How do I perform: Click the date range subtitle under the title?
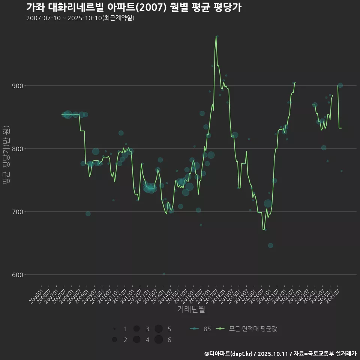pyautogui.click(x=80, y=18)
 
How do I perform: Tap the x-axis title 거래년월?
pyautogui.click(x=191, y=309)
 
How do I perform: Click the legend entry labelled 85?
pyautogui.click(x=201, y=329)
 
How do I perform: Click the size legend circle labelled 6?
pyautogui.click(x=159, y=340)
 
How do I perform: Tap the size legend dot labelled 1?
pyautogui.click(x=115, y=329)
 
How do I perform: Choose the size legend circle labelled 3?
pyautogui.click(x=136, y=329)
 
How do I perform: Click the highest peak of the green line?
pyautogui.click(x=216, y=36)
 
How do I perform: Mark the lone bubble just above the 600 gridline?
pyautogui.click(x=164, y=274)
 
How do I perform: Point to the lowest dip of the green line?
pyautogui.click(x=264, y=229)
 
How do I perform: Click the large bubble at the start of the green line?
pyautogui.click(x=67, y=115)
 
